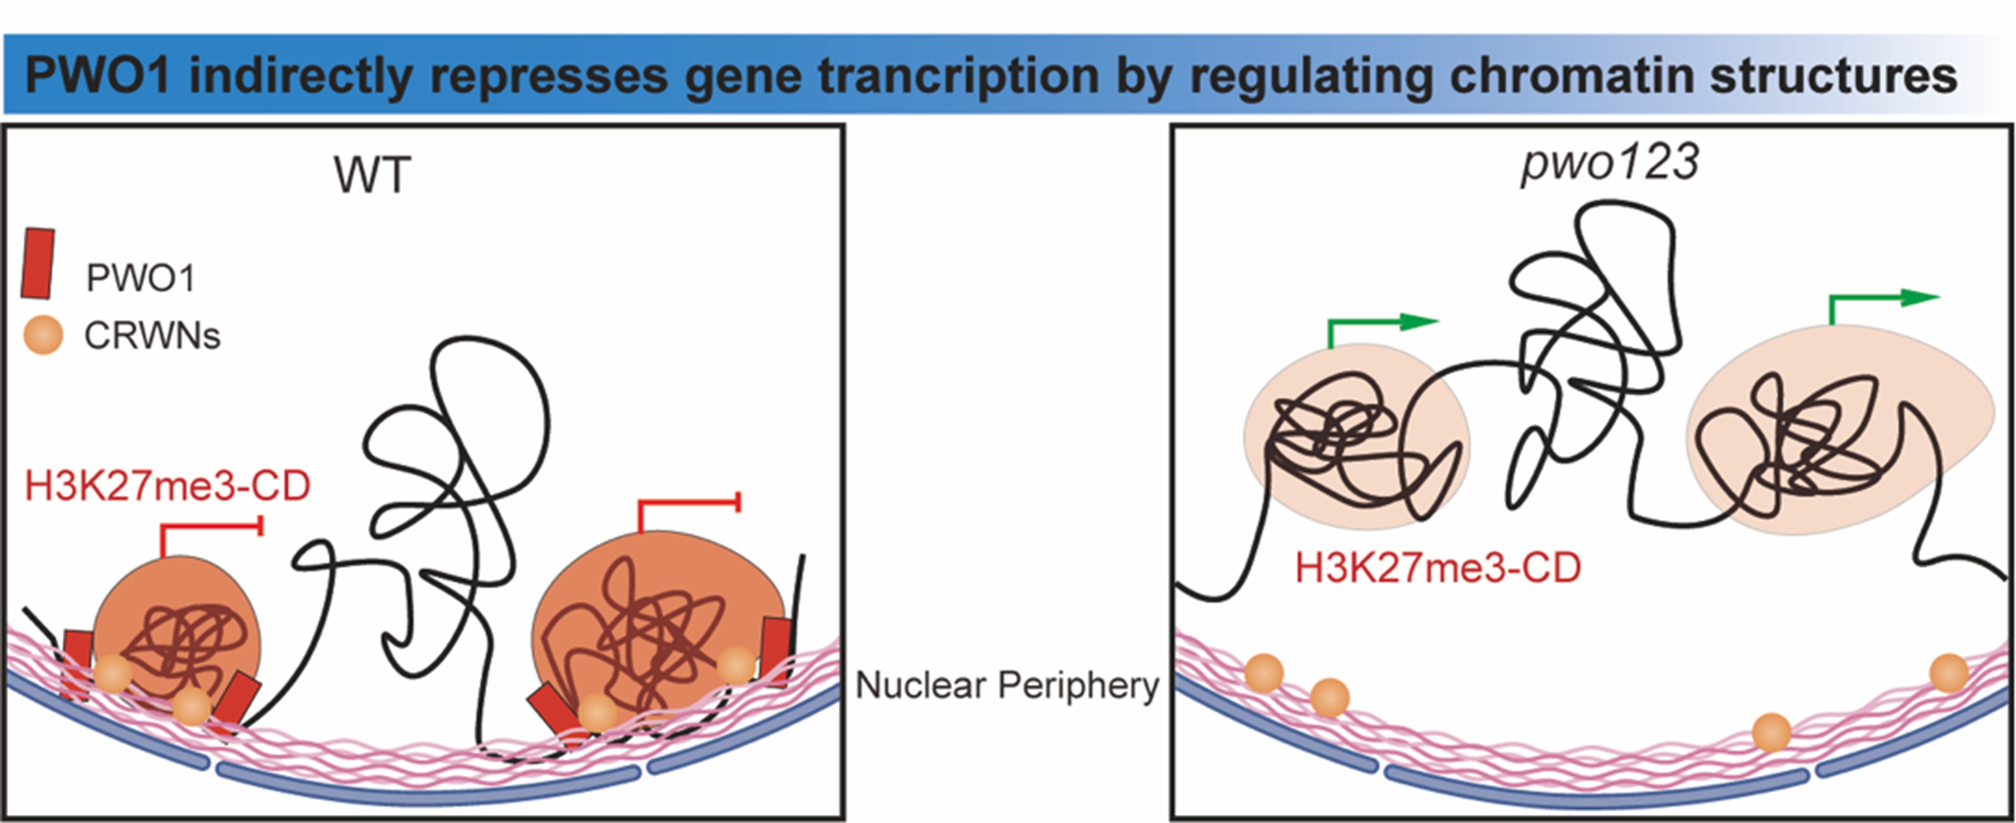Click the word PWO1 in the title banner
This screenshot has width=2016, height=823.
tap(98, 76)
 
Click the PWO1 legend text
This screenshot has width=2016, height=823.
tap(141, 277)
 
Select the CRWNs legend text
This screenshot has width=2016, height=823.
tap(152, 336)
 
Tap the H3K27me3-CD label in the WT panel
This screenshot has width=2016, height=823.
tap(167, 485)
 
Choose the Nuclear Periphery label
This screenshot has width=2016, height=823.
tap(1007, 685)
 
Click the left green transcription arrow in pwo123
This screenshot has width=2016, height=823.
tap(1381, 328)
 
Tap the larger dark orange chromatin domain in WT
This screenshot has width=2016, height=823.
tap(657, 618)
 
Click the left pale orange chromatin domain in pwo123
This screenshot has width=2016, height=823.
tap(1356, 438)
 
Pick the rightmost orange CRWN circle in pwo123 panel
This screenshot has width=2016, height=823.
tap(1949, 673)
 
